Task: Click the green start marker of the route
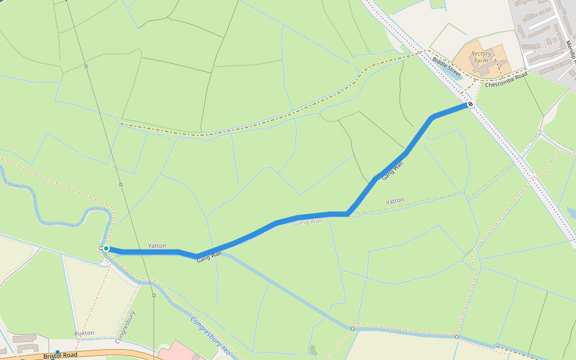106,248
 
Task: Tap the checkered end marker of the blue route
470,104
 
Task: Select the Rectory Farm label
481,57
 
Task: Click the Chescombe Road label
506,80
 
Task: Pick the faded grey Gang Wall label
308,222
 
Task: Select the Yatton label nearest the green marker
157,246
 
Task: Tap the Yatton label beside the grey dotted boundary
395,200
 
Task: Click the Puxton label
84,332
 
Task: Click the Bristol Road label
61,356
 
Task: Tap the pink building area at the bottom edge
178,350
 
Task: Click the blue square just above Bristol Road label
58,352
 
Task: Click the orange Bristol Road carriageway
120,353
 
